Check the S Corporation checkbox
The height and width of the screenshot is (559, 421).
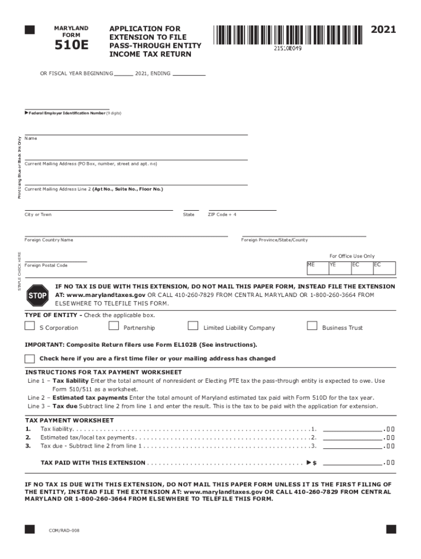(30, 326)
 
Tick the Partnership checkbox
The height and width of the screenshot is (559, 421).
(114, 326)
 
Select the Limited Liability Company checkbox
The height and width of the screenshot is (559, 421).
(193, 326)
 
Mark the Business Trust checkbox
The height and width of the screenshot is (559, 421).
(312, 326)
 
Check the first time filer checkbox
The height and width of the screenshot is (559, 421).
(30, 359)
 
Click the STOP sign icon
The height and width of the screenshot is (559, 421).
(37, 295)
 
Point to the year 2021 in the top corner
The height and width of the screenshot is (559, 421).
(383, 29)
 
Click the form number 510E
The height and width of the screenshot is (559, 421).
(71, 46)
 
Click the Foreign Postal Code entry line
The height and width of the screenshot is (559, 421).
(56, 260)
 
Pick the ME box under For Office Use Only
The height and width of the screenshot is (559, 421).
(317, 267)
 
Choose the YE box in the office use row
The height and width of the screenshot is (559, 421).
(338, 267)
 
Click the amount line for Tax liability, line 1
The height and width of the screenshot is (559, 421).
(353, 429)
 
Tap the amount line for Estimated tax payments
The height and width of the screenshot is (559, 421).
(353, 438)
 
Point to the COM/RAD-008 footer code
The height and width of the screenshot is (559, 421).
(64, 530)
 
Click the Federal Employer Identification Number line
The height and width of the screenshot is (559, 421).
(67, 108)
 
